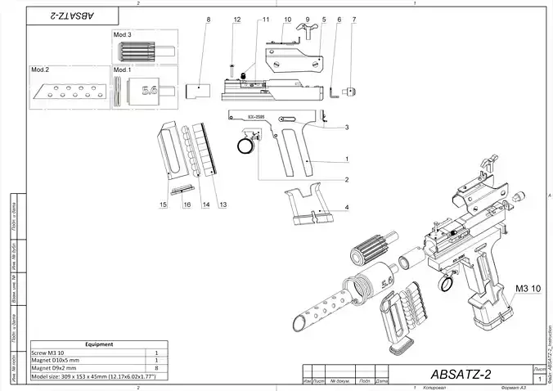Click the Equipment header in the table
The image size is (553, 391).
(99, 344)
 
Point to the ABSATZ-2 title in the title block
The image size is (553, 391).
(459, 374)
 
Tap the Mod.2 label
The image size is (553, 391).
(42, 70)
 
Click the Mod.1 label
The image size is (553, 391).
(123, 70)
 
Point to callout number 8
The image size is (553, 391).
(209, 18)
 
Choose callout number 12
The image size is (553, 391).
(236, 18)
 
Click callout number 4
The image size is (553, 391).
(347, 208)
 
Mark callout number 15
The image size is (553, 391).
(163, 203)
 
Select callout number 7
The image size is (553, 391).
(353, 18)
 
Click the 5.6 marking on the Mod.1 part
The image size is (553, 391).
(150, 92)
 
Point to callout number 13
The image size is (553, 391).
(223, 203)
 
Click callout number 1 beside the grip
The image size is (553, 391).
(347, 160)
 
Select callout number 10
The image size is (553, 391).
(287, 18)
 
